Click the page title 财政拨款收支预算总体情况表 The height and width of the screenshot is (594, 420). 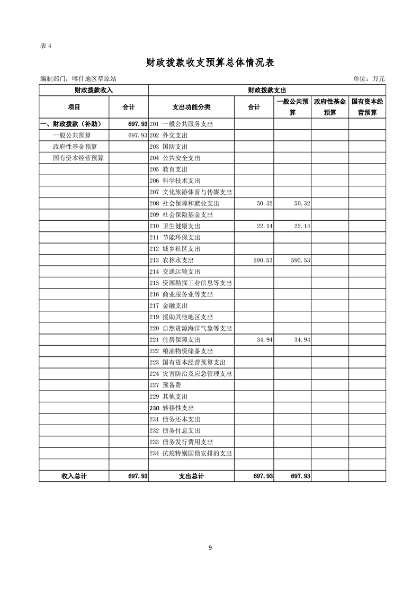click(210, 62)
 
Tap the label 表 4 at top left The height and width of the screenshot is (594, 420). click(46, 46)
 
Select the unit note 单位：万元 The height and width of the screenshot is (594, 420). click(369, 79)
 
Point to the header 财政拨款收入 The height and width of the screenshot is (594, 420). click(94, 90)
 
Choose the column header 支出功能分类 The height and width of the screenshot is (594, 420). click(192, 107)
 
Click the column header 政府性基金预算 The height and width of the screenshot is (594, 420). click(329, 107)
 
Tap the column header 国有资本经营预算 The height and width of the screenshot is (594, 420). click(367, 107)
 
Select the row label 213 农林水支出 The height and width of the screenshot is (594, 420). click(172, 260)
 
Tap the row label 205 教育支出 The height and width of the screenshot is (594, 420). click(169, 169)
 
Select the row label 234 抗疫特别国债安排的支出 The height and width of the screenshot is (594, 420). click(191, 454)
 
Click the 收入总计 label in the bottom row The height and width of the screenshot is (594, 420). click(74, 476)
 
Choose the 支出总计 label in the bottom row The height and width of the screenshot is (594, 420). click(192, 476)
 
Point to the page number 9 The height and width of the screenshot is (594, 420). click(210, 547)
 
